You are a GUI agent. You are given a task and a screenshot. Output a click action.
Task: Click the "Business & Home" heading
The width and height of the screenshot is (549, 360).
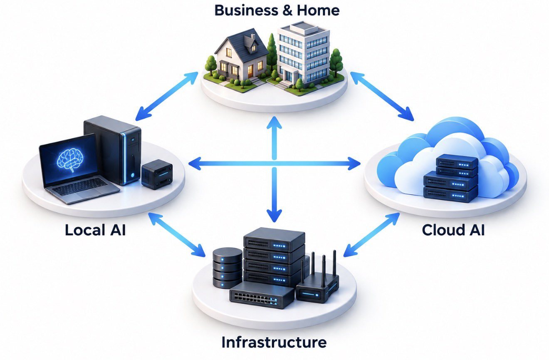pyautogui.click(x=277, y=10)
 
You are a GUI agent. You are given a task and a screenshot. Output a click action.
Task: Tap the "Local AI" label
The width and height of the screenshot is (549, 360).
pyautogui.click(x=95, y=230)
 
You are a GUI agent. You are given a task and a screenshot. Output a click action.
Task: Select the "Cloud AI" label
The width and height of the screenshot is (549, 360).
pyautogui.click(x=453, y=230)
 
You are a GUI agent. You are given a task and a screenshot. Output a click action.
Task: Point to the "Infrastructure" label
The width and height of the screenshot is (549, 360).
pyautogui.click(x=274, y=342)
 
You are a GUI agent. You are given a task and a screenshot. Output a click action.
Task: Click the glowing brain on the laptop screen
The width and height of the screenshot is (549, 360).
pyautogui.click(x=70, y=159)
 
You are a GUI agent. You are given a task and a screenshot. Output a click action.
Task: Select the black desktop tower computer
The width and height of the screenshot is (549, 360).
pyautogui.click(x=113, y=149)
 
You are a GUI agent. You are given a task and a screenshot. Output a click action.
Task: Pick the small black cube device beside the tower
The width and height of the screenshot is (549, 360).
pyautogui.click(x=157, y=174)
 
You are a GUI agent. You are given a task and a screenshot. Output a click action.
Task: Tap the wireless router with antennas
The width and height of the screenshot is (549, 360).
pyautogui.click(x=318, y=282)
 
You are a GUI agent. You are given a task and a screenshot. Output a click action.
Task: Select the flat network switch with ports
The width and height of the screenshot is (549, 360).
pyautogui.click(x=262, y=295)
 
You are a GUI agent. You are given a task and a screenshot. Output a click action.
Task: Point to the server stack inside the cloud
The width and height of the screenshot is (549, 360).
pyautogui.click(x=451, y=178)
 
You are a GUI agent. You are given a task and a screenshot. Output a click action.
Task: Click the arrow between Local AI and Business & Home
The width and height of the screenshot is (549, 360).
pyautogui.click(x=167, y=96)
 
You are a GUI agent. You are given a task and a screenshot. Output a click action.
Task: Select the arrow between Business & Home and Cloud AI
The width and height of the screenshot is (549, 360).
pyautogui.click(x=382, y=96)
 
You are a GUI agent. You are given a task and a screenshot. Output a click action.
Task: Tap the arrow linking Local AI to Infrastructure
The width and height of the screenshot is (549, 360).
pyautogui.click(x=177, y=235)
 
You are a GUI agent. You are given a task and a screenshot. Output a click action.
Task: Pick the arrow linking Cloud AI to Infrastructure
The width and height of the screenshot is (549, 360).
pyautogui.click(x=371, y=235)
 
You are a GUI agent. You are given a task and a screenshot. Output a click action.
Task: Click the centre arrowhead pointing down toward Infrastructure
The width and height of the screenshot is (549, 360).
pyautogui.click(x=274, y=216)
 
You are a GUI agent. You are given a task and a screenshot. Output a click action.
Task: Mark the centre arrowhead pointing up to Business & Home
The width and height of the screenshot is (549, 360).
pyautogui.click(x=274, y=123)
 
